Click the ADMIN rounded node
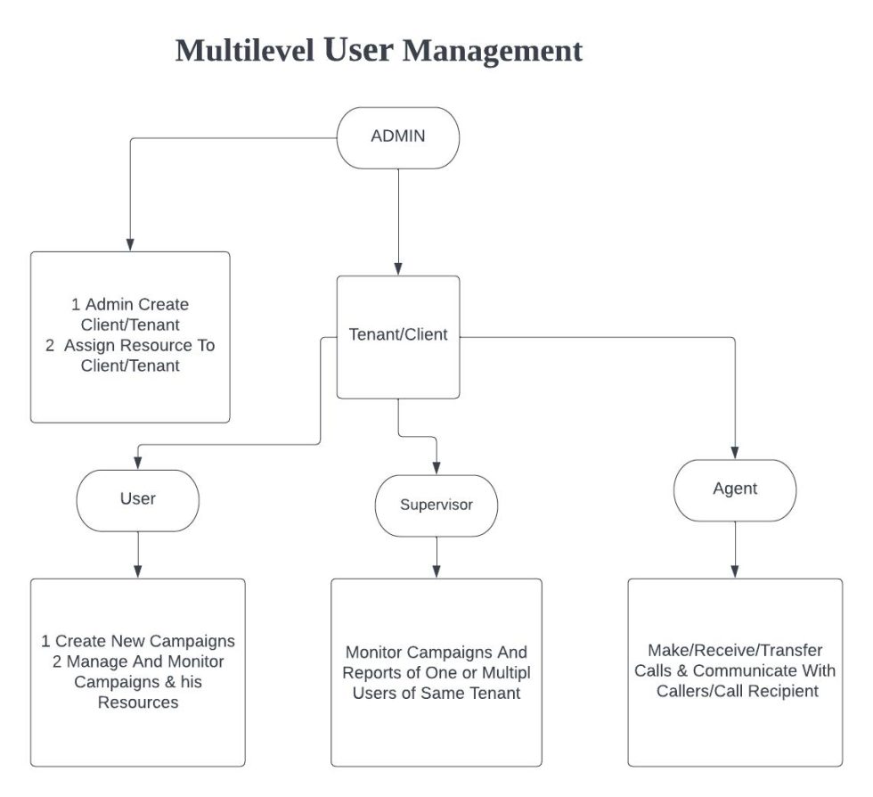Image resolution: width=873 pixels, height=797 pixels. click(397, 137)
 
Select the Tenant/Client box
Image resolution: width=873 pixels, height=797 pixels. click(397, 336)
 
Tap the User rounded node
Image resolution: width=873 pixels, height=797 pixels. click(137, 499)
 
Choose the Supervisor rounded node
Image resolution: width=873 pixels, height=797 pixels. click(436, 505)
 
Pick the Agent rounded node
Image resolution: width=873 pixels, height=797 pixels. click(735, 489)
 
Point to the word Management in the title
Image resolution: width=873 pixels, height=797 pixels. click(493, 50)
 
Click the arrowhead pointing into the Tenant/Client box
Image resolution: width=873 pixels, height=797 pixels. click(397, 268)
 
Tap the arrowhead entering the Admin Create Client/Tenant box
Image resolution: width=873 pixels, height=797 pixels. click(130, 244)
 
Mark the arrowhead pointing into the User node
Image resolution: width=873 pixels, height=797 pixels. click(137, 463)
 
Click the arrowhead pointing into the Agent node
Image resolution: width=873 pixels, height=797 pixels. click(735, 452)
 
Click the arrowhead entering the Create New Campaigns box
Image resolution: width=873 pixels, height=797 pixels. click(137, 571)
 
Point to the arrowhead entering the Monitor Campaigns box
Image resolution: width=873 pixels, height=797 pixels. click(436, 571)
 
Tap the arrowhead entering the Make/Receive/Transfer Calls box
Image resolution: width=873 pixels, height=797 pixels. click(735, 571)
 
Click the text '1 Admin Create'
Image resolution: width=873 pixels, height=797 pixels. click(130, 305)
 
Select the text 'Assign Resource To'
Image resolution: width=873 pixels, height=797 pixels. click(139, 345)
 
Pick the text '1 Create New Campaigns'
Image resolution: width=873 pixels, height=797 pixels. click(137, 641)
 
